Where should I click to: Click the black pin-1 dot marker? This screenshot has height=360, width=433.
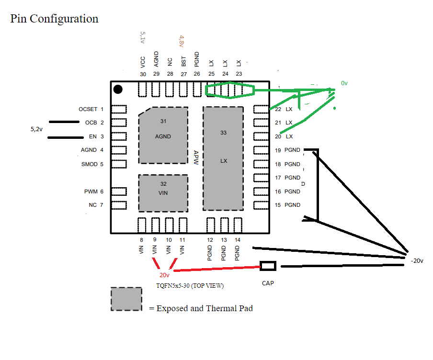coord(118,89)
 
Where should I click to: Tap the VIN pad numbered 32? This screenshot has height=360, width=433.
coord(163,192)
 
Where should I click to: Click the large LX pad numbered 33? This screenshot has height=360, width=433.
coord(223,158)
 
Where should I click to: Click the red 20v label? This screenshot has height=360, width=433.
coord(165,275)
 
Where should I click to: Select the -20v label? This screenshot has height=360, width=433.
coord(417,260)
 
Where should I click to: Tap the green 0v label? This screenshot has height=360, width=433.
coord(344,83)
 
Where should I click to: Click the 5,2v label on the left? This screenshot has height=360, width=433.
coord(36,129)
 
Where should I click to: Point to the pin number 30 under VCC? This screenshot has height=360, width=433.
coord(143,74)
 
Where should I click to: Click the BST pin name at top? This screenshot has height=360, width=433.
coord(183,61)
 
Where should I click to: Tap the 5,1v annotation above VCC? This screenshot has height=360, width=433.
coord(142,38)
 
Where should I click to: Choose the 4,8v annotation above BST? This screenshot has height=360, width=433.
coord(182,40)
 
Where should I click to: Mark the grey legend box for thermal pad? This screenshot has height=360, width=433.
coord(126,299)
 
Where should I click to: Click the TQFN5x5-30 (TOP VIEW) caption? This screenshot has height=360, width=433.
coord(190,286)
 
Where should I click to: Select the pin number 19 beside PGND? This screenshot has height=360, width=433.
coord(278,150)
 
